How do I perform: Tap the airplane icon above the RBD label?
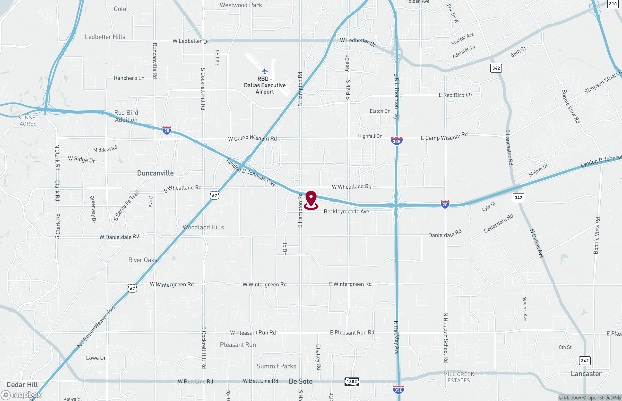point(265,71)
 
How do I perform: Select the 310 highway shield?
point(613,4)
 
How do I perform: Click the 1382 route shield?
point(352,382)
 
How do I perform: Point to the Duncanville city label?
point(155,173)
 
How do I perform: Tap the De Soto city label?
point(301,382)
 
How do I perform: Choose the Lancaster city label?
point(586,374)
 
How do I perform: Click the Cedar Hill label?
point(22,384)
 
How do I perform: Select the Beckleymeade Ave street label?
point(346,211)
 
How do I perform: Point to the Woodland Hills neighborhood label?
point(203,227)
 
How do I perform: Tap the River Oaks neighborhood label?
point(143,260)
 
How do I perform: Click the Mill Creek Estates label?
point(459,377)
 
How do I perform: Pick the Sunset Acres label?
point(28,121)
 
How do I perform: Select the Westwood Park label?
point(241,5)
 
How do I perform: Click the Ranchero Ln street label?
point(129,78)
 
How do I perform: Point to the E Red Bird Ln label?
point(455,95)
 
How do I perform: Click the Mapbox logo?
point(21,395)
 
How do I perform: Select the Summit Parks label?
point(276,366)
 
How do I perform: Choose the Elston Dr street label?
point(380,111)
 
